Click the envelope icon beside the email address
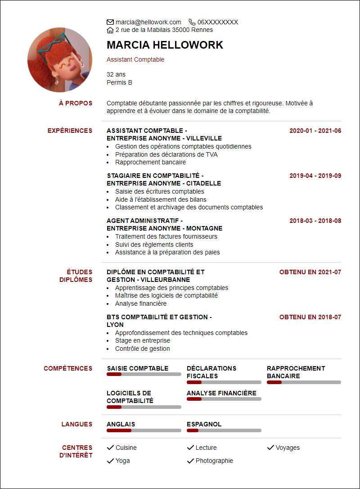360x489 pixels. pyautogui.click(x=110, y=22)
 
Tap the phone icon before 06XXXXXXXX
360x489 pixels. pyautogui.click(x=192, y=22)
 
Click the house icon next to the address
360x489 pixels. pyautogui.click(x=110, y=30)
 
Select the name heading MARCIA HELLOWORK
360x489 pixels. pyautogui.click(x=165, y=45)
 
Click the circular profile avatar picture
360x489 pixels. pyautogui.click(x=60, y=60)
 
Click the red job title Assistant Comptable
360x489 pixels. pyautogui.click(x=135, y=60)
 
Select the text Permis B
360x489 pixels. pyautogui.click(x=119, y=82)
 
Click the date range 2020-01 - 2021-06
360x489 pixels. pyautogui.click(x=315, y=131)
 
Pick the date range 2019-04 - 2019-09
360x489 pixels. pyautogui.click(x=315, y=176)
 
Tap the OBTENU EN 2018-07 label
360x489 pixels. pyautogui.click(x=310, y=317)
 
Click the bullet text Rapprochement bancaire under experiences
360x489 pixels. pyautogui.click(x=150, y=162)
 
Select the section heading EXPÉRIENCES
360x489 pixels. pyautogui.click(x=70, y=131)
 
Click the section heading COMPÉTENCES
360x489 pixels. pyautogui.click(x=68, y=368)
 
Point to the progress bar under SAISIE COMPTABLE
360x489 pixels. pyautogui.click(x=144, y=374)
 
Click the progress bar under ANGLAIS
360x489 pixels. pyautogui.click(x=144, y=430)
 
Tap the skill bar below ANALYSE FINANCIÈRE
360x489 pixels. pyautogui.click(x=224, y=399)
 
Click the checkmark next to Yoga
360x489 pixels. pyautogui.click(x=110, y=461)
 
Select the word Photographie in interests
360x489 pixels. pyautogui.click(x=214, y=461)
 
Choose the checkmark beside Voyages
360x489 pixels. pyautogui.click(x=270, y=448)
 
